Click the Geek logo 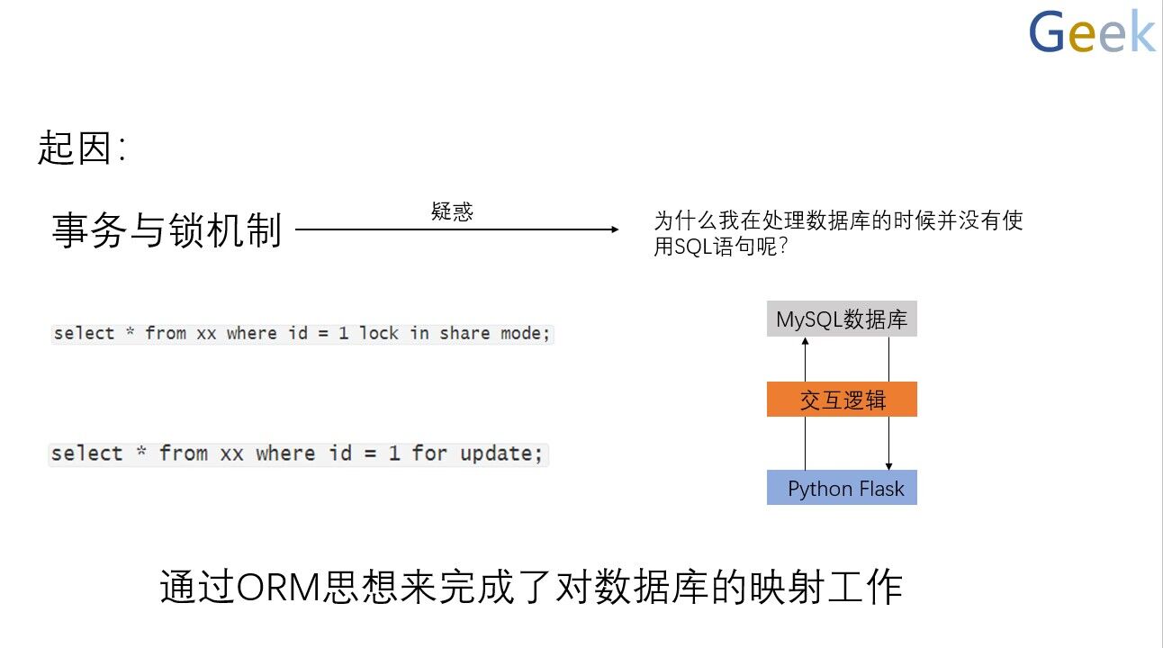coord(1092,33)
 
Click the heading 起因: coord(81,148)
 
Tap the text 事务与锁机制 coord(167,230)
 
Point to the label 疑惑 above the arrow coord(452,212)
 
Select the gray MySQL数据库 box coord(842,319)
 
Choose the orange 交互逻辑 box coord(842,400)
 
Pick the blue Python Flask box coord(842,488)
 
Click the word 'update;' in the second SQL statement coord(501,454)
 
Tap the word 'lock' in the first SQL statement coord(379,334)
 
